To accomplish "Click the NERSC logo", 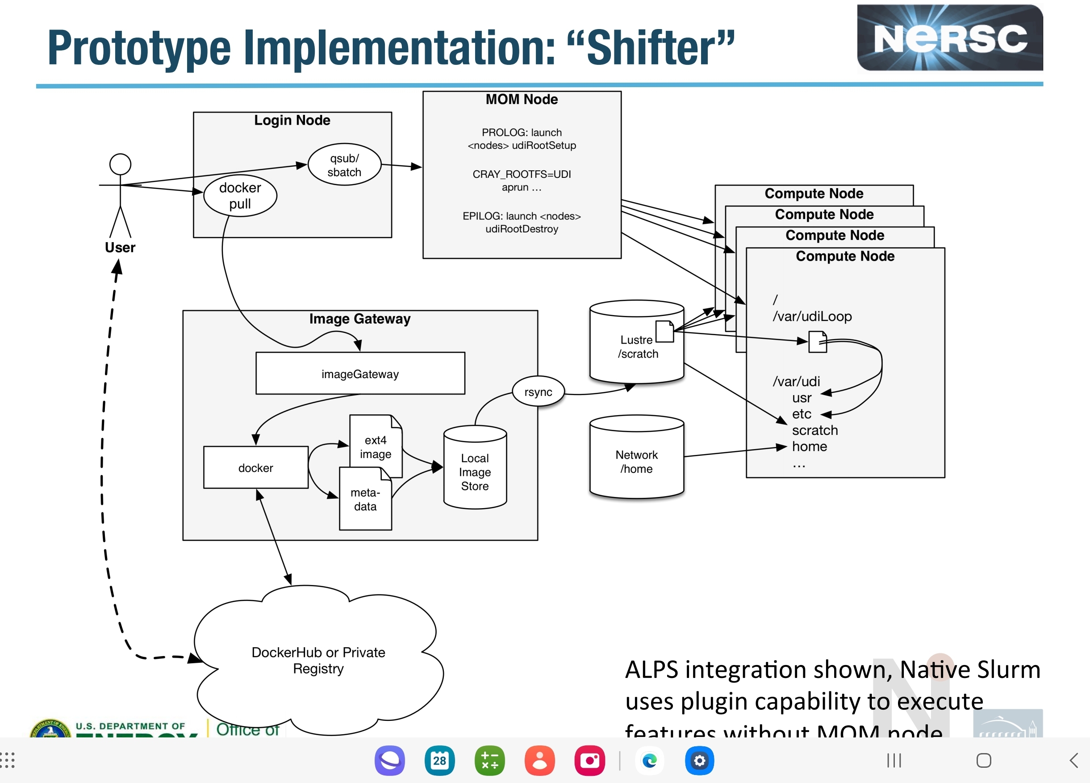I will tap(949, 38).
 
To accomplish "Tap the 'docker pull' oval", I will tap(240, 196).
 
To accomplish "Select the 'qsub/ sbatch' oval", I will tap(344, 165).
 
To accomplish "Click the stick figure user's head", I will tap(120, 164).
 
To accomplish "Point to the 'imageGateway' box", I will tap(360, 374).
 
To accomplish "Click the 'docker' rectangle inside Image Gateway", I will tap(256, 467).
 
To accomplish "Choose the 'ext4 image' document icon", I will tap(376, 446).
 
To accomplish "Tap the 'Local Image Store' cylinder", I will tap(475, 471).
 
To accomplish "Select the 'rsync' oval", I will tap(538, 392).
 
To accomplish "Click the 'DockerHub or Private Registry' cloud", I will tap(318, 661).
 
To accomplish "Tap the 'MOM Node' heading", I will tap(522, 100).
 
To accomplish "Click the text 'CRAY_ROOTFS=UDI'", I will tap(522, 174).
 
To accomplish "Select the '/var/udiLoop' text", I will tap(812, 316).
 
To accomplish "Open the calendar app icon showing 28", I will tap(439, 761).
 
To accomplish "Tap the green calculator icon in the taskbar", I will tap(489, 761).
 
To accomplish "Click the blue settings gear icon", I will tap(699, 761).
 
